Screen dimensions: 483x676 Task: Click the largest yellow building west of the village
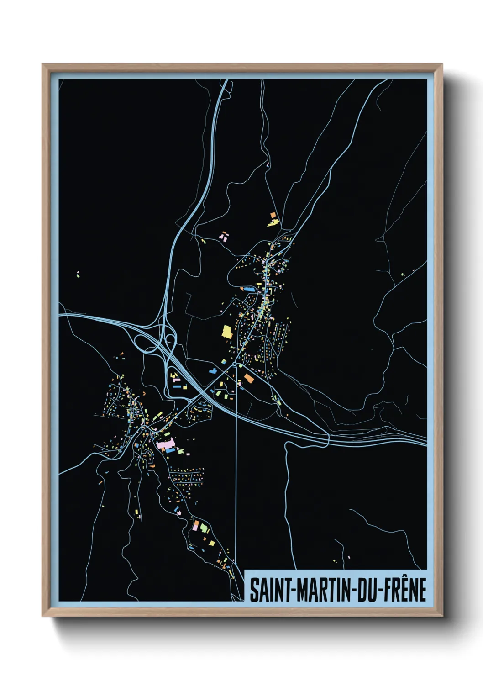[x=227, y=331]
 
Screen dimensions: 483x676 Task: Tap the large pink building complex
[x=165, y=443]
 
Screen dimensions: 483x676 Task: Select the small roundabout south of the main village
[x=235, y=364]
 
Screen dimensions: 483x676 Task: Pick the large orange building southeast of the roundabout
[x=249, y=378]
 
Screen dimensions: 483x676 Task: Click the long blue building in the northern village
[x=248, y=289]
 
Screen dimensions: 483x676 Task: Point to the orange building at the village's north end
[x=273, y=214]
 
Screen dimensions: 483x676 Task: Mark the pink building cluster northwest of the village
[x=224, y=236]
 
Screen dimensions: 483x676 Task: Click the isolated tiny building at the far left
[x=78, y=274]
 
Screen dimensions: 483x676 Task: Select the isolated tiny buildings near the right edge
[x=403, y=274]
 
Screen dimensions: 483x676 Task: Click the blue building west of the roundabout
[x=212, y=370]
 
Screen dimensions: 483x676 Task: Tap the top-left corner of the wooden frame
[x=43, y=65]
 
